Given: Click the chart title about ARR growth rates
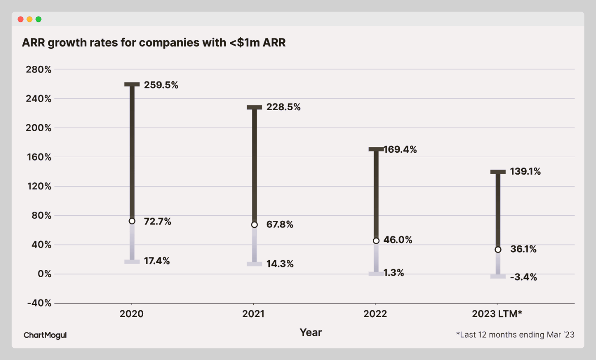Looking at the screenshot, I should pyautogui.click(x=154, y=43).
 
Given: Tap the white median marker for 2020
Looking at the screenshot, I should pyautogui.click(x=132, y=221).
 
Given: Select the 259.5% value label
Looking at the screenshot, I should pyautogui.click(x=161, y=85).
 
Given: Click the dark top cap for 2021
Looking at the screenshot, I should pyautogui.click(x=254, y=107).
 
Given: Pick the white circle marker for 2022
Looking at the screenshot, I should pyautogui.click(x=376, y=240).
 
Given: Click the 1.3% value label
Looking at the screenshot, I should pyautogui.click(x=394, y=273).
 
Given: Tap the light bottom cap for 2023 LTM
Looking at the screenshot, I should pyautogui.click(x=498, y=277).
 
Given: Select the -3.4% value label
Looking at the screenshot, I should pyautogui.click(x=523, y=278).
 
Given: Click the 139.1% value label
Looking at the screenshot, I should pyautogui.click(x=525, y=171).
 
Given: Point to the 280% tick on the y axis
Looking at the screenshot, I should pyautogui.click(x=39, y=69).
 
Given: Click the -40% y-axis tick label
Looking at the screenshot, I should pyautogui.click(x=39, y=303).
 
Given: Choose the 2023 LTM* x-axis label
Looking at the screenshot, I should pyautogui.click(x=497, y=314).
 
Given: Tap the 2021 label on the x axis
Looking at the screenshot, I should pyautogui.click(x=253, y=314).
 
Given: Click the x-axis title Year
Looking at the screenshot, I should pyautogui.click(x=311, y=332).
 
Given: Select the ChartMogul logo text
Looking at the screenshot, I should pyautogui.click(x=45, y=335).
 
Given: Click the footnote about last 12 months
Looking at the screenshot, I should pyautogui.click(x=515, y=334).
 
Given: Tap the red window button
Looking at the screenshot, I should pyautogui.click(x=21, y=19).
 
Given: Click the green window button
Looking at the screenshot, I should pyautogui.click(x=38, y=19).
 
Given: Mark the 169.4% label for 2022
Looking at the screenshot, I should pyautogui.click(x=400, y=150).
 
